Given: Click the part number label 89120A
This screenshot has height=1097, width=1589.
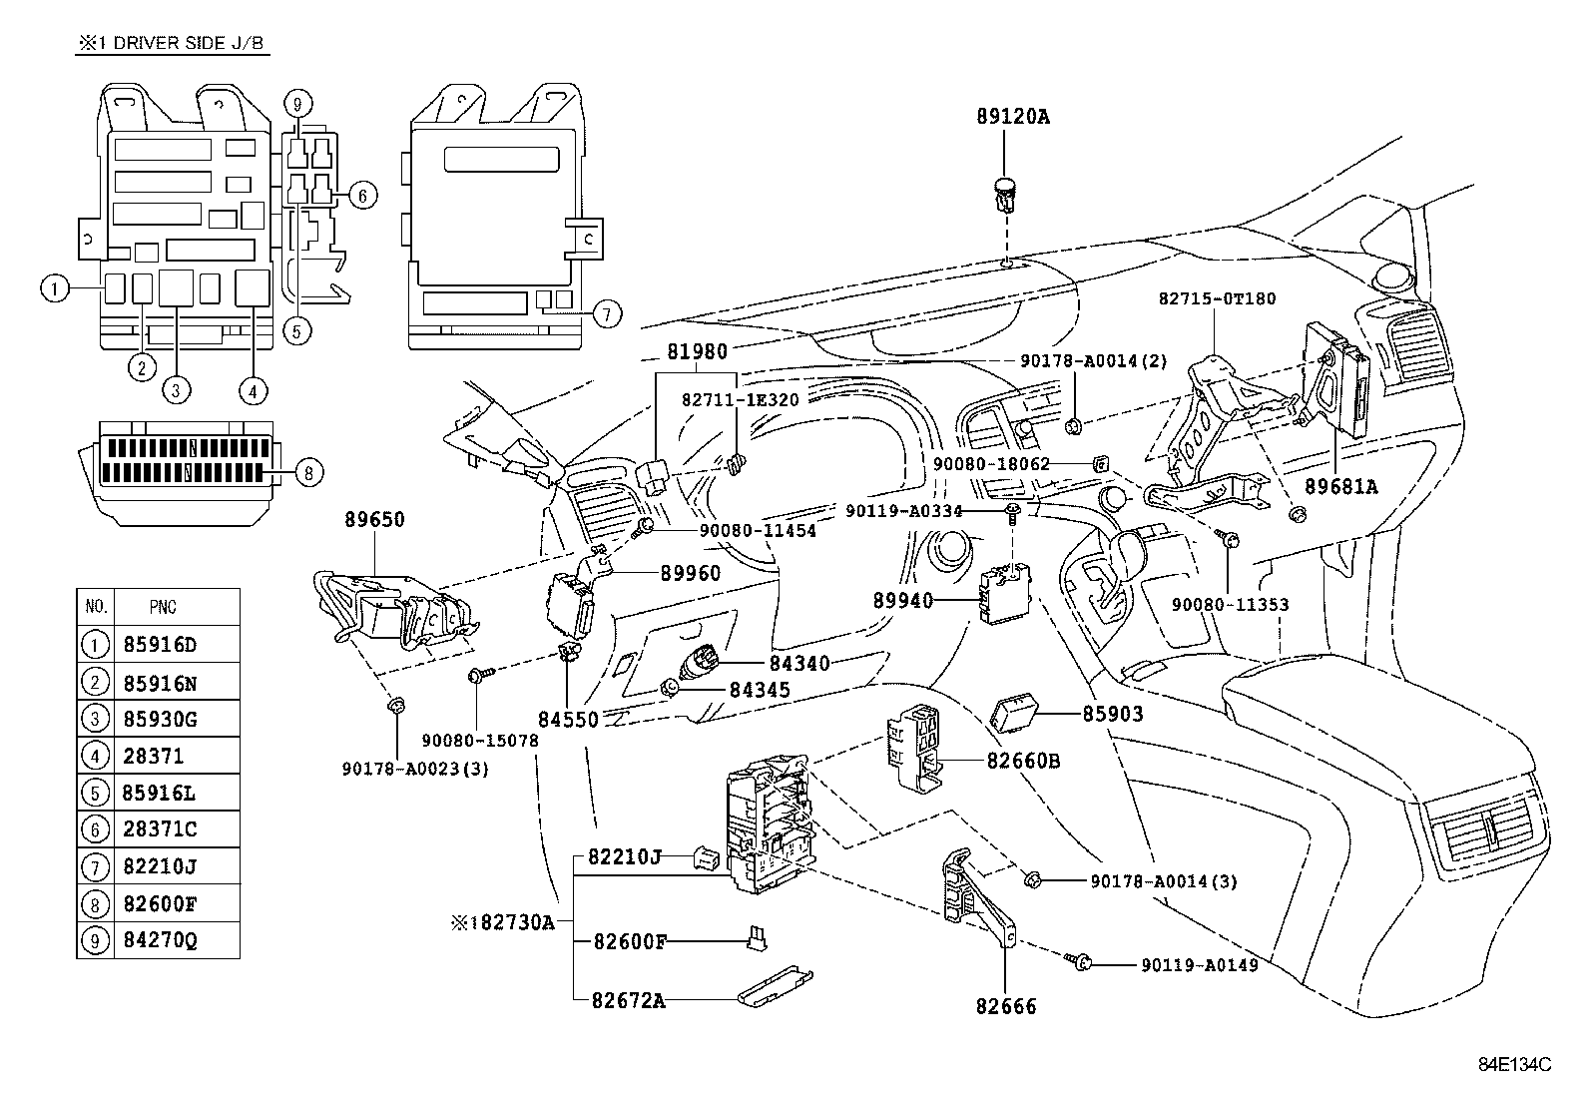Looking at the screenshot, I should click(x=1012, y=117).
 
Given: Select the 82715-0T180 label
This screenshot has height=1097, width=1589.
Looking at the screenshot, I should click(x=1217, y=298).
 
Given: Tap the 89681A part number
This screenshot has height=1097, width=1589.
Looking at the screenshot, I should click(x=1340, y=486).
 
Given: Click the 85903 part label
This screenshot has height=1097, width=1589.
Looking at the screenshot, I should click(x=1113, y=715).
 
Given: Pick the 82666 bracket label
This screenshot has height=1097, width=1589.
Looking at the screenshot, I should click(x=1006, y=1006).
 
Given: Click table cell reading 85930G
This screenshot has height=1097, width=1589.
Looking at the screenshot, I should click(x=160, y=719).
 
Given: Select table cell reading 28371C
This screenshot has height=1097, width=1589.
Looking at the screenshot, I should click(x=160, y=829).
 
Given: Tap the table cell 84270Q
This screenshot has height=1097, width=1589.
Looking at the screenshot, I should click(x=160, y=940).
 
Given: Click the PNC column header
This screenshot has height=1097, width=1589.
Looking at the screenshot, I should click(x=163, y=607).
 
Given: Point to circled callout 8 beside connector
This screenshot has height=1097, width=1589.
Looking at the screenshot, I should click(x=308, y=472).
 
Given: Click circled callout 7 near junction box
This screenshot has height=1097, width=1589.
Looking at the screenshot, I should click(x=605, y=313).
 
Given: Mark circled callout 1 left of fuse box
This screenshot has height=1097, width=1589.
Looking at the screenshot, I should click(x=55, y=289).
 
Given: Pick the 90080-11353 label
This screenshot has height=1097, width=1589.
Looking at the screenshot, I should click(x=1230, y=604).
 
